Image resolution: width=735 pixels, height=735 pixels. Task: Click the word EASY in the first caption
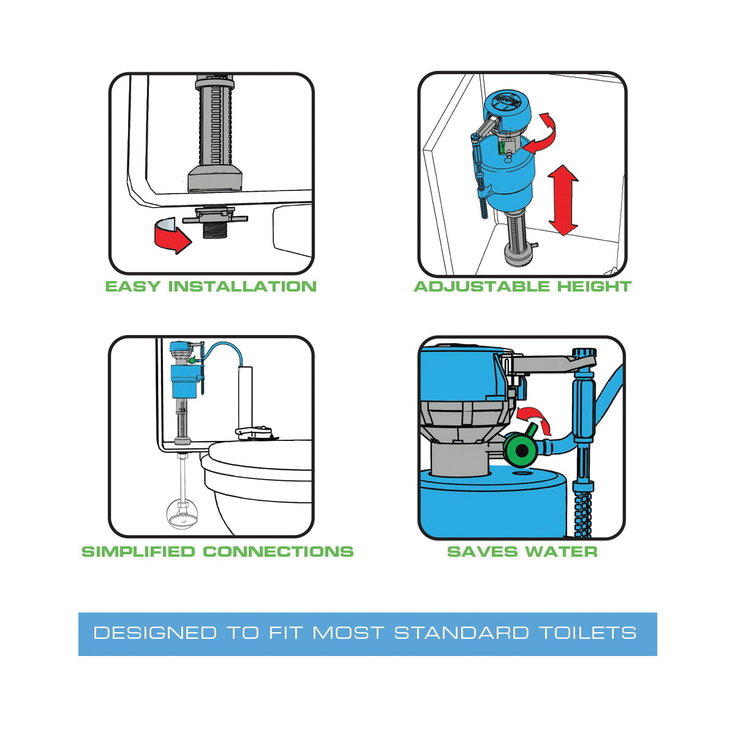[x=132, y=287]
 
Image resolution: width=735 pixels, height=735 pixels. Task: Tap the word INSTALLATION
[x=243, y=287]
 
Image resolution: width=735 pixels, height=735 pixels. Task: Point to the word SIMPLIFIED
[x=138, y=551]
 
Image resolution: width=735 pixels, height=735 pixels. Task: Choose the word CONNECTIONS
[x=278, y=551]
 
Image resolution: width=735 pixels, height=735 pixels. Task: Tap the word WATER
[x=561, y=551]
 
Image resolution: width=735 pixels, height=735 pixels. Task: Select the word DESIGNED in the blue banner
[x=155, y=633]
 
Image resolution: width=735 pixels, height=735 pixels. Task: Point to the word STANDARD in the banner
[x=462, y=633]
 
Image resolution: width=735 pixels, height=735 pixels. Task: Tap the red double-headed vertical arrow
[x=563, y=200]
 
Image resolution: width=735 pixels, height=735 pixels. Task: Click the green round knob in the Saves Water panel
[x=520, y=451]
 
